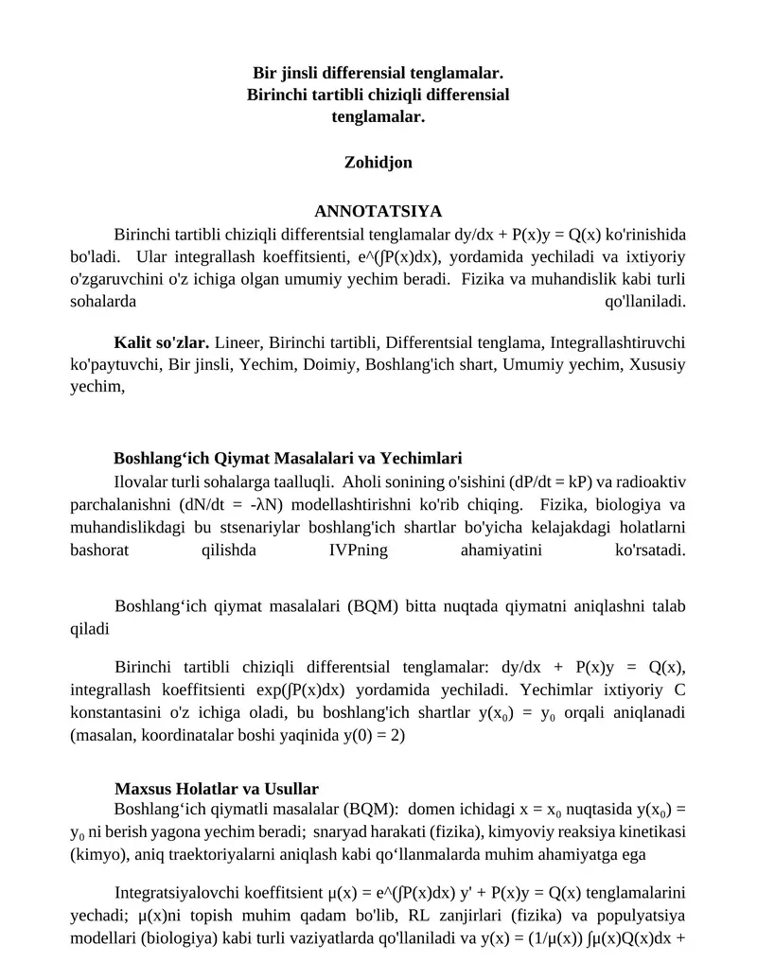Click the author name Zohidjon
pos(378,163)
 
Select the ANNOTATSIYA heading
pos(378,211)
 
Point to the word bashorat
pos(99,551)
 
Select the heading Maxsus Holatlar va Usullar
pos(217,789)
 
